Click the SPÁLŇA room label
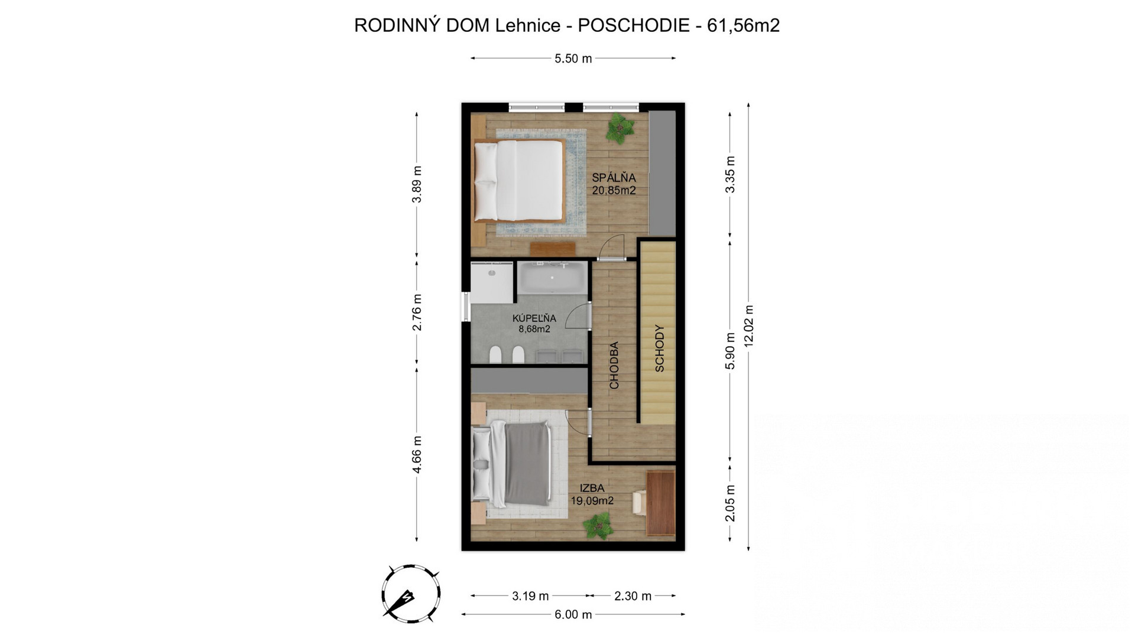pos(614,177)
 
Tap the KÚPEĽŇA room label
pos(534,318)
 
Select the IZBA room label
pos(592,488)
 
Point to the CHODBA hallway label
pos(614,365)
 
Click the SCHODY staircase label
pos(660,348)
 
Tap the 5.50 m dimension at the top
pos(573,58)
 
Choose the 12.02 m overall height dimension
pos(748,327)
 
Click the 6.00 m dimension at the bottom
pos(573,614)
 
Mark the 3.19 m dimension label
pos(530,596)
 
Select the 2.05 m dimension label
pos(730,503)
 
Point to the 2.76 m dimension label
pos(417,312)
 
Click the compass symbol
pos(410,593)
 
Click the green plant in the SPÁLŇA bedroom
pos(619,128)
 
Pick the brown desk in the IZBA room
pos(660,503)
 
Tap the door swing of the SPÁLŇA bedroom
pos(611,247)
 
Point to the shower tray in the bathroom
pos(492,283)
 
